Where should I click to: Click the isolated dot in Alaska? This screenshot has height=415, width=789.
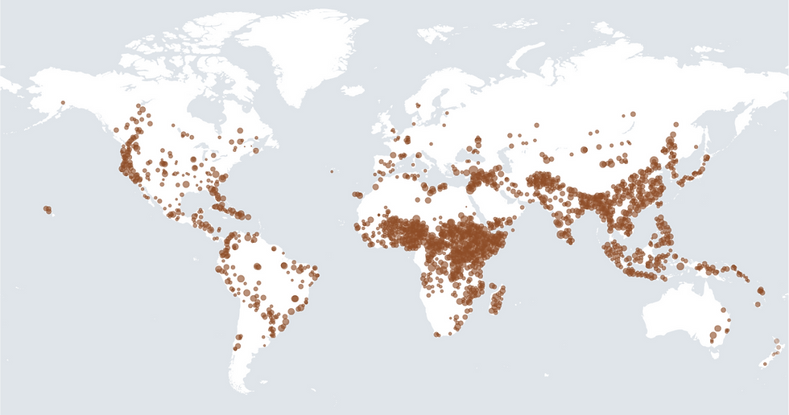pyautogui.click(x=62, y=102)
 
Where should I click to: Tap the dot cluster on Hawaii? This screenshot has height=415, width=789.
pyautogui.click(x=48, y=210)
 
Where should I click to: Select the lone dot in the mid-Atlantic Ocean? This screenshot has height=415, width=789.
pyautogui.click(x=331, y=171)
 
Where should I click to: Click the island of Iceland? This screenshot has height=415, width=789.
pyautogui.click(x=353, y=90)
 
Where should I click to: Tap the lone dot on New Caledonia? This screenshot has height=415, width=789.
pyautogui.click(x=760, y=304)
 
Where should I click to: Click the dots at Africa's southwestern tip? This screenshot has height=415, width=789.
pyautogui.click(x=437, y=333)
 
